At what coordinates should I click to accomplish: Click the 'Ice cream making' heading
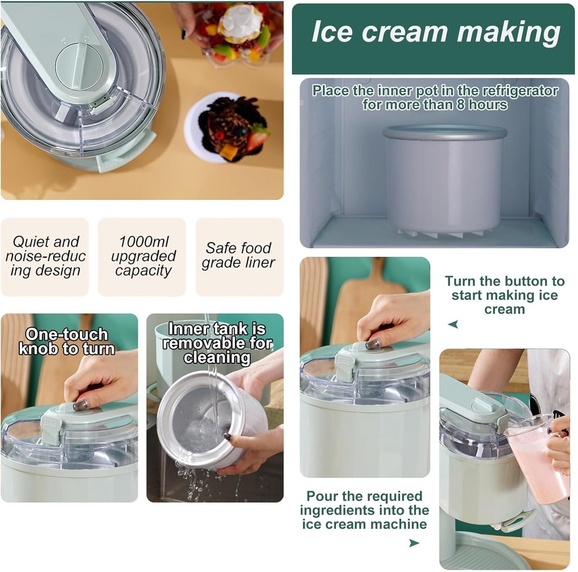[435, 33]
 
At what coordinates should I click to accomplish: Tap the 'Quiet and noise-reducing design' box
[45, 257]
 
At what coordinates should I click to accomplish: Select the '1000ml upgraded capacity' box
[143, 257]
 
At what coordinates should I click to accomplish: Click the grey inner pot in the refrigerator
[444, 178]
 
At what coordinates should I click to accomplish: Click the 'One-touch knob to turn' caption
[67, 341]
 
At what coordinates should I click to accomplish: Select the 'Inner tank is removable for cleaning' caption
[217, 343]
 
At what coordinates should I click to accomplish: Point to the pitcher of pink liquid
[538, 457]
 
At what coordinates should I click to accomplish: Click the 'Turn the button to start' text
[504, 295]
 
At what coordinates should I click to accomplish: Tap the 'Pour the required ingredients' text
[364, 510]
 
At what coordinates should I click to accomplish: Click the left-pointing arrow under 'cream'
[453, 324]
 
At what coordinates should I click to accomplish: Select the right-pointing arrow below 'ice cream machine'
[414, 543]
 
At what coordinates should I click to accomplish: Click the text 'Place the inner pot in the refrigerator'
[435, 97]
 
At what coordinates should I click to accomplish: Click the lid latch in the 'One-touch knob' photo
[51, 426]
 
